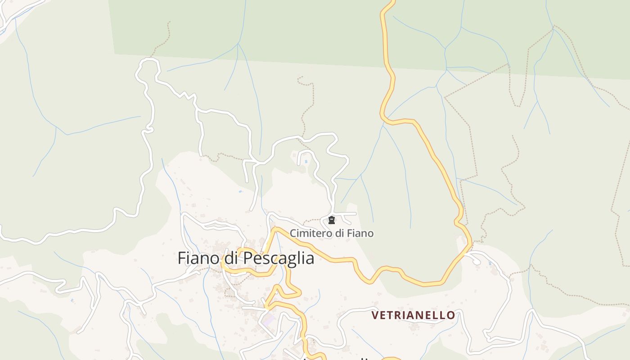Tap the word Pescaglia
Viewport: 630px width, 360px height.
click(279, 258)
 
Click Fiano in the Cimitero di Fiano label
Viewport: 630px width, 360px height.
click(359, 233)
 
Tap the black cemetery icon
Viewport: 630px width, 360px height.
click(332, 220)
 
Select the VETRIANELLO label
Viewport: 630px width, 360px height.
click(413, 315)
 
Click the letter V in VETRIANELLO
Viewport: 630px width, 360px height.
click(375, 315)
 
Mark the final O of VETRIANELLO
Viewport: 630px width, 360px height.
click(451, 315)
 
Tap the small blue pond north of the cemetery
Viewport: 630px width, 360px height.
click(306, 161)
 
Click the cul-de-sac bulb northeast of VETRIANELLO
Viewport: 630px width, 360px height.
click(477, 261)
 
